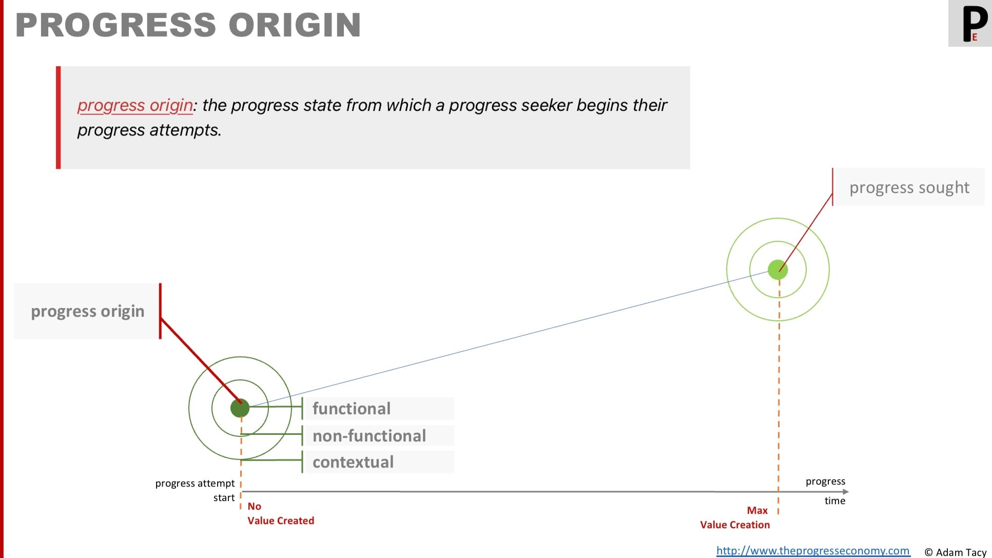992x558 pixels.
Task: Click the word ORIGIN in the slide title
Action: (295, 25)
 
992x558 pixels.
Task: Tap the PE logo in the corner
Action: (970, 24)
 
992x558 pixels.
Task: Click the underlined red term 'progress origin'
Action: (135, 105)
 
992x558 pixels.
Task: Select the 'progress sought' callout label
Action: (909, 187)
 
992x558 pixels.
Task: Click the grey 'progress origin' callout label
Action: (87, 311)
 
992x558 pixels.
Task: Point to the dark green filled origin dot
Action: (240, 408)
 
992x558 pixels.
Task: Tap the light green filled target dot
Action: (778, 270)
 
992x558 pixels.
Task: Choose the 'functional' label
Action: (352, 409)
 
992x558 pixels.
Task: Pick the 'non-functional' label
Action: (369, 436)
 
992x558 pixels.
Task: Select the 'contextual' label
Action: (353, 462)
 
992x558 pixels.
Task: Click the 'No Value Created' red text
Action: (281, 513)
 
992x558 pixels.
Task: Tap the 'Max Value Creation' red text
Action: (735, 517)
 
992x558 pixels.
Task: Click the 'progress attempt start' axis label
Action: (195, 490)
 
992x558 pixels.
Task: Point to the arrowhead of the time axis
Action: (846, 492)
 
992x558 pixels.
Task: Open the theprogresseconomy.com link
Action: (813, 551)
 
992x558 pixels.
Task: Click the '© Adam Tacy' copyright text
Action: (956, 552)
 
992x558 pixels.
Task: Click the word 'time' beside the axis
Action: (835, 501)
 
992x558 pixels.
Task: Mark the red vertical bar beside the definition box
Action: (59, 118)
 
